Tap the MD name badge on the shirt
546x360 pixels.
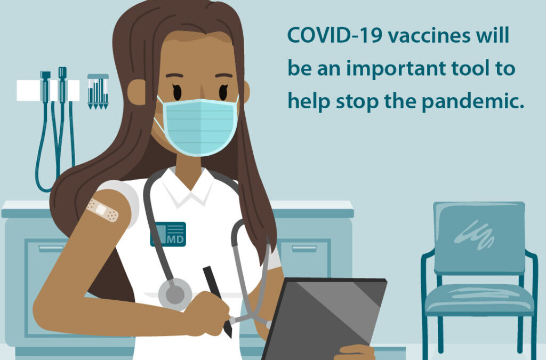168,234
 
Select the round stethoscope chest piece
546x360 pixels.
175,292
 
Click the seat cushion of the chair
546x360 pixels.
479,299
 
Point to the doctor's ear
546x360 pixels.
137,92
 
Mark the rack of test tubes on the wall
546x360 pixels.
98,91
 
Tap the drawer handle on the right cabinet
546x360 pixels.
303,248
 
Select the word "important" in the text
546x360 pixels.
380,69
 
